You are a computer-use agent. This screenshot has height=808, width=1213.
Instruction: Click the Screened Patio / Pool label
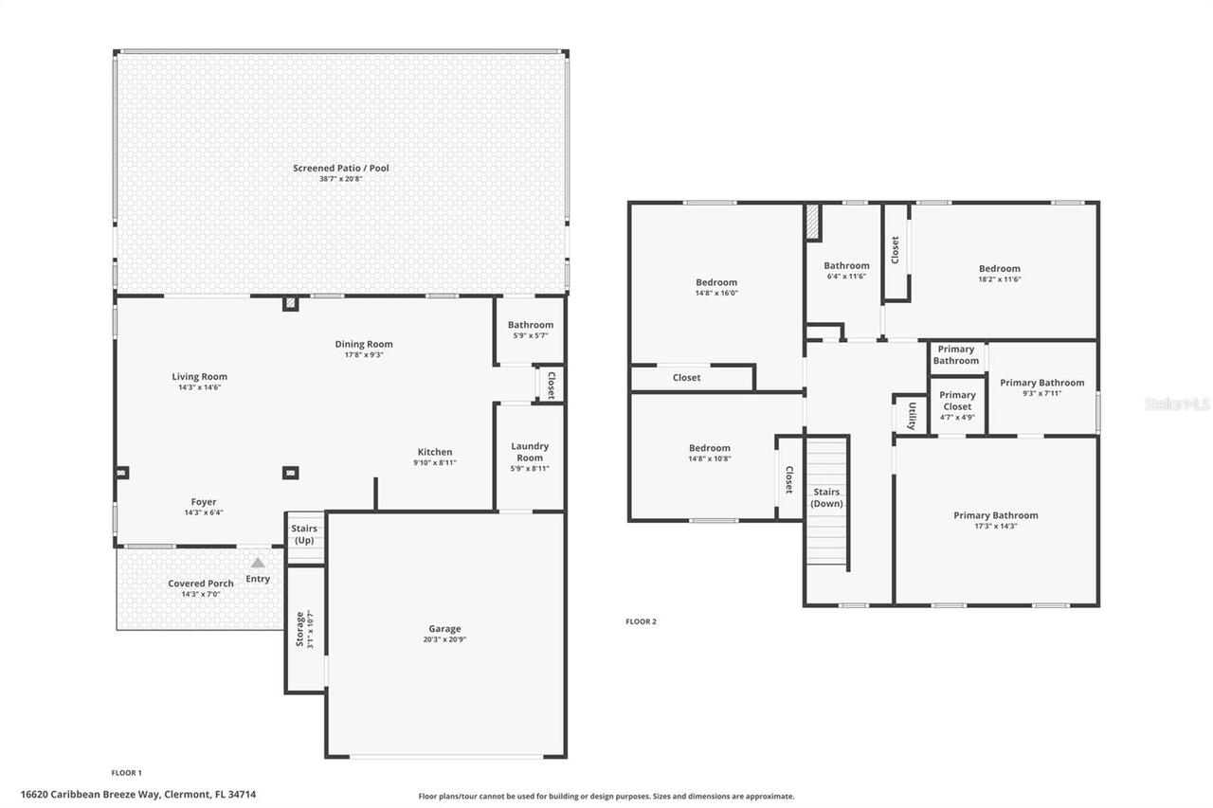[x=340, y=169]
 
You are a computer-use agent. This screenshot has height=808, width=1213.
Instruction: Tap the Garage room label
[x=444, y=629]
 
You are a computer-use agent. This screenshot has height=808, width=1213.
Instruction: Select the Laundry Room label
[x=530, y=452]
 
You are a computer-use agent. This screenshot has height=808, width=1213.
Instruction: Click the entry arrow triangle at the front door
[x=258, y=563]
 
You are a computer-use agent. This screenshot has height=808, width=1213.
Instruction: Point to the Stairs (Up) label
[x=304, y=534]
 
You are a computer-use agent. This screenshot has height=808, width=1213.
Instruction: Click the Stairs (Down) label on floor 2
[x=826, y=497]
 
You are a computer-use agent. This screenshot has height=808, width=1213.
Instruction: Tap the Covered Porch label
[x=201, y=584]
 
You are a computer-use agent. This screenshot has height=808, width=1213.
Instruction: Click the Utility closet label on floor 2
[x=912, y=415]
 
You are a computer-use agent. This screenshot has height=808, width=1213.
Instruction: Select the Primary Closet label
[x=957, y=401]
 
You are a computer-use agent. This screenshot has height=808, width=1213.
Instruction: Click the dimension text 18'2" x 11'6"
[x=1000, y=279]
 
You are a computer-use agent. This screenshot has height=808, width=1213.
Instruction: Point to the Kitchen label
[x=435, y=452]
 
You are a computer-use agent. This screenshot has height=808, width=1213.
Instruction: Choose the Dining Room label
[x=364, y=344]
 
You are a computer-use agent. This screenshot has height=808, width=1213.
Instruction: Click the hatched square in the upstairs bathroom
[x=812, y=224]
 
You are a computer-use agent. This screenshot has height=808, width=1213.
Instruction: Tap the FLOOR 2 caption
[x=641, y=621]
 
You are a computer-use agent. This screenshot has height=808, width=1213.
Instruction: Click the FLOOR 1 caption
[x=126, y=773]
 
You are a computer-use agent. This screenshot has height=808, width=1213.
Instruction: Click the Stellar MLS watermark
[x=1177, y=404]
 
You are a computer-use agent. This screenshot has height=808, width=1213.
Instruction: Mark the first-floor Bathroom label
[x=531, y=325]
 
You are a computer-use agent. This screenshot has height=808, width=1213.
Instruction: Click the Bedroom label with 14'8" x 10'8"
[x=710, y=448]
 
